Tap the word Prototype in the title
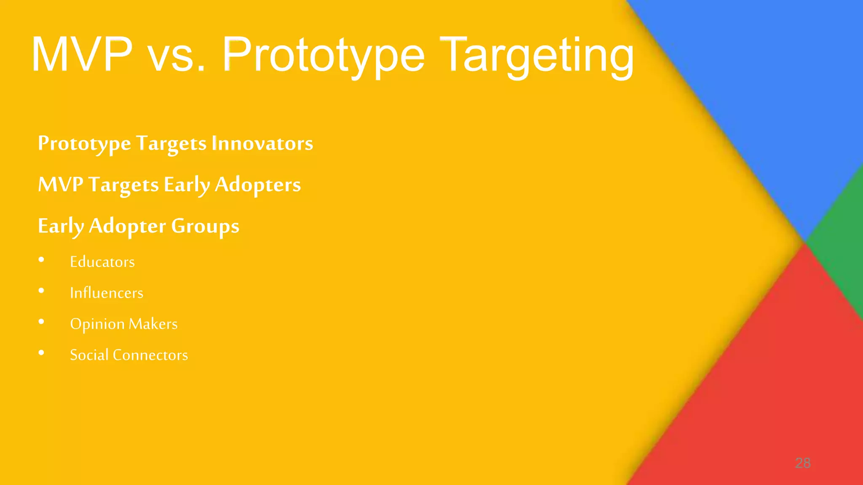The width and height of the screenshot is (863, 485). coord(323,56)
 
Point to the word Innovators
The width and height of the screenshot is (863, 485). coord(262,143)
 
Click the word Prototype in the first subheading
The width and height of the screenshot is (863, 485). coord(84,144)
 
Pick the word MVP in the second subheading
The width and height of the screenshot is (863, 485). coord(60,184)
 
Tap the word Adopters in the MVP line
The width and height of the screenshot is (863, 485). coord(258,185)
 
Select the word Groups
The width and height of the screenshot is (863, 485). coord(205,227)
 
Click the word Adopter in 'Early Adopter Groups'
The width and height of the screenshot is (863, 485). coord(127,227)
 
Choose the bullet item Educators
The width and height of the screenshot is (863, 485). coord(102,262)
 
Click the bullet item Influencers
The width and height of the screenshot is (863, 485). coord(107,293)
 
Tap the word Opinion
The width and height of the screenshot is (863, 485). coord(97,324)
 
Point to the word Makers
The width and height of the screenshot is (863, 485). coord(153,324)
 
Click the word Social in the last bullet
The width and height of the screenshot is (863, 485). coord(89,355)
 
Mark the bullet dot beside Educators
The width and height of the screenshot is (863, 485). coord(41,260)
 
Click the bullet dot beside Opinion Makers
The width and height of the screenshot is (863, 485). coord(41,322)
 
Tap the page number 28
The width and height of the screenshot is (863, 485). coord(803,463)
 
